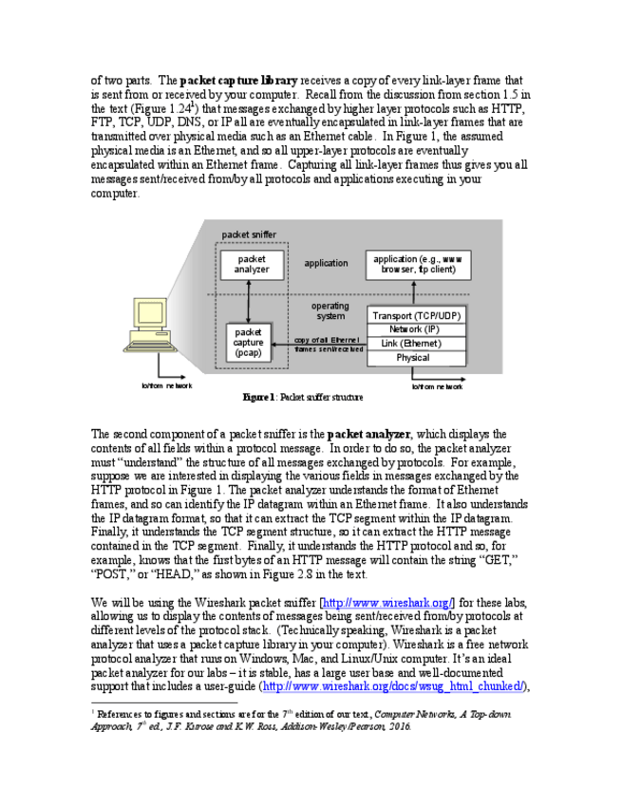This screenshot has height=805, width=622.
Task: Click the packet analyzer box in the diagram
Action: (252, 264)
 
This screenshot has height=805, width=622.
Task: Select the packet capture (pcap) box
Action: (249, 344)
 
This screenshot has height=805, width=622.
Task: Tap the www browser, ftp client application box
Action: (418, 264)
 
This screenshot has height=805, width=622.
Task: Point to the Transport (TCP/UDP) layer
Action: (418, 315)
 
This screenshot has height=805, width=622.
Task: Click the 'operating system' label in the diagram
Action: (330, 311)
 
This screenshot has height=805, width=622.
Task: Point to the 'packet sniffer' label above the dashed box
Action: (250, 234)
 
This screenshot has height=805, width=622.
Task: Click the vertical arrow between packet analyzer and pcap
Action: (249, 302)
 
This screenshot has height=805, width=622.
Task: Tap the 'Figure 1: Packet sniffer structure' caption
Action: (303, 397)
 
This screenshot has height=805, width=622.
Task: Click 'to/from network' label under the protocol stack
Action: (438, 386)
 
